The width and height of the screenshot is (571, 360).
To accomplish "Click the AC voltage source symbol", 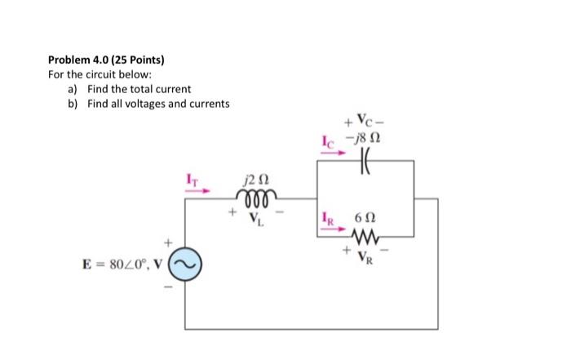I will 183,263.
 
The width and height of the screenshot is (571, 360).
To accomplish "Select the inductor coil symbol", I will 256,196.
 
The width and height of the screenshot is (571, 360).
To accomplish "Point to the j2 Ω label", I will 256,179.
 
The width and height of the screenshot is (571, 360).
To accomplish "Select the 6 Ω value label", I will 365,220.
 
